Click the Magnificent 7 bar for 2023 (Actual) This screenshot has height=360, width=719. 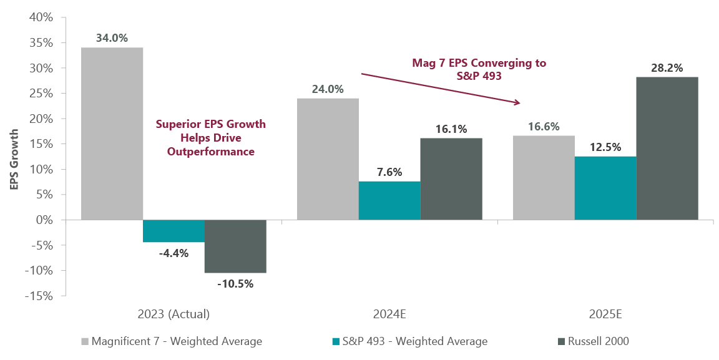(112, 134)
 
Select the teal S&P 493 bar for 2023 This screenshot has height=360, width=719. (174, 231)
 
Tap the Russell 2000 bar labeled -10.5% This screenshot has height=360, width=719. (235, 246)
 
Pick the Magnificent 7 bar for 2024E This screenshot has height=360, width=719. (327, 158)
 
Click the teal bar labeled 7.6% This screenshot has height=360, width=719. (389, 200)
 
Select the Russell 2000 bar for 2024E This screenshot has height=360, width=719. (451, 178)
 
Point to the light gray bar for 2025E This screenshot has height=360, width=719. (543, 177)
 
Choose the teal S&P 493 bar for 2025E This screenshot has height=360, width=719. (605, 188)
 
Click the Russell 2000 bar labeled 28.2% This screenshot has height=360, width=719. (667, 148)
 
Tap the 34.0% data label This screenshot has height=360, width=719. (112, 38)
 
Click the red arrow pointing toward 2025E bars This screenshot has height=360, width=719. (441, 88)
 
